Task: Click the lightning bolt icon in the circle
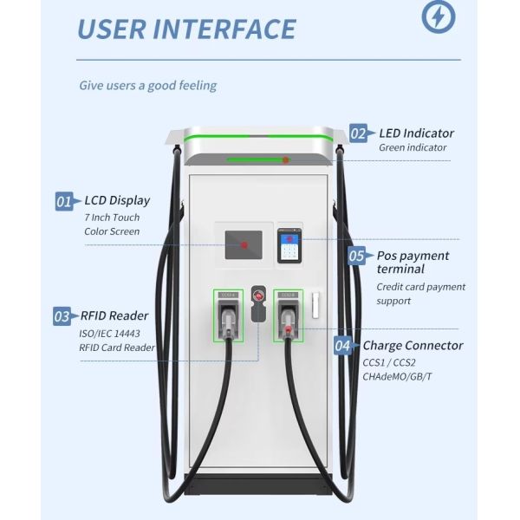(x=438, y=16)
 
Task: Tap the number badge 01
(x=64, y=202)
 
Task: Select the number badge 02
(x=358, y=133)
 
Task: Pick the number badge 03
(x=62, y=316)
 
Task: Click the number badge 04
(x=343, y=346)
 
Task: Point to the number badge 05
(x=357, y=256)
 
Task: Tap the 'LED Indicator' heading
(x=416, y=133)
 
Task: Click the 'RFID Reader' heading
(x=113, y=315)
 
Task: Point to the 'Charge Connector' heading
(x=413, y=345)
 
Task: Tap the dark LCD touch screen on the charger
(x=244, y=245)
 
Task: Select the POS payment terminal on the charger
(x=289, y=246)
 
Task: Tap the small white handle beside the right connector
(x=316, y=304)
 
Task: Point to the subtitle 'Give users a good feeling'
(x=148, y=86)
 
